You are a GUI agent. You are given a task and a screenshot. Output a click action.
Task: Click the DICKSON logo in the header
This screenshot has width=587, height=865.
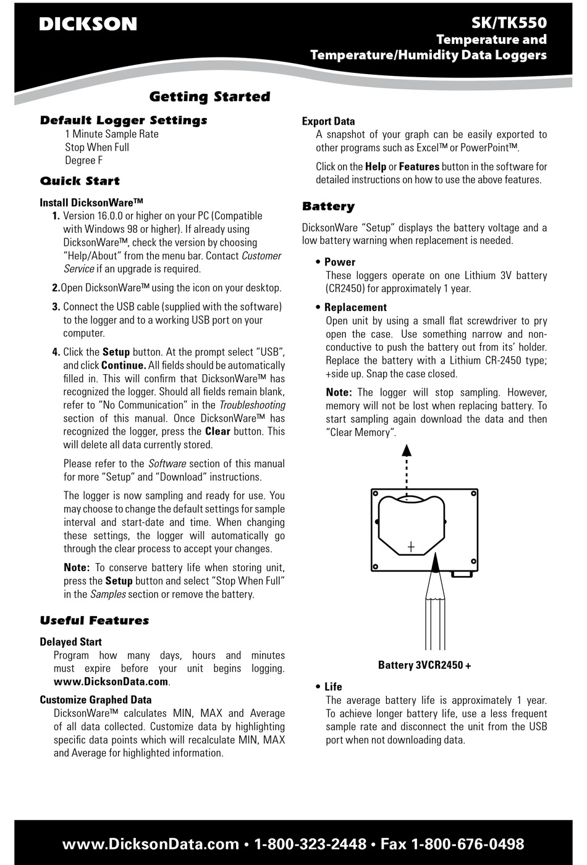point(88,24)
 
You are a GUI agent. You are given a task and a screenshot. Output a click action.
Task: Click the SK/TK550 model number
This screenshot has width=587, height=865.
point(509,23)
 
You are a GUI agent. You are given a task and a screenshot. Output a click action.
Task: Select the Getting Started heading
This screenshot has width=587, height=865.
point(209,96)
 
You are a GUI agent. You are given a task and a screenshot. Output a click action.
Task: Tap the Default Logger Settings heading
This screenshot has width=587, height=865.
point(124,120)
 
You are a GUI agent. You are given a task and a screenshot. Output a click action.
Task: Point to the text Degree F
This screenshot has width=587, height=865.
point(84,161)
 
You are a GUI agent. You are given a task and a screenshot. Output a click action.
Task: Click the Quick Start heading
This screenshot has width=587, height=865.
point(80,181)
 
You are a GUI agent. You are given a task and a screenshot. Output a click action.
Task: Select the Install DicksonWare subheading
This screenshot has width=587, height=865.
point(91,203)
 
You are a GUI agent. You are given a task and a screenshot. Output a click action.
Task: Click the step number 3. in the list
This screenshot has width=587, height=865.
point(56,307)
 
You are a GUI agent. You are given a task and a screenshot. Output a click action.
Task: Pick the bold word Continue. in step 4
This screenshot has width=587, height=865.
point(124,366)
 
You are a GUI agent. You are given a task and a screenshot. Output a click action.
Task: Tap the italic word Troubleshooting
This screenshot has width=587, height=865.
point(252,405)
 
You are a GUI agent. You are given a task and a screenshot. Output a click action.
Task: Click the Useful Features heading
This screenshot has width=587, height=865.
point(95,621)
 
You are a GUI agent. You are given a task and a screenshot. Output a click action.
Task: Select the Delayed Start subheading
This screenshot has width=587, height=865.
point(70,642)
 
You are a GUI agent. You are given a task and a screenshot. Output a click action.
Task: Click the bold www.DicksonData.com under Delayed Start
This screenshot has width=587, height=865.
point(111,682)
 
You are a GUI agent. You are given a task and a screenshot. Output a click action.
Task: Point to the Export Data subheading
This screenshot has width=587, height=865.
point(328,122)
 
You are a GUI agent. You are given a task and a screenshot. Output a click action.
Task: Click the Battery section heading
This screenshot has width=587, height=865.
point(328,206)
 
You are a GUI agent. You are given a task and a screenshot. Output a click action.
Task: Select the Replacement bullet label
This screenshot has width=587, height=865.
point(355,307)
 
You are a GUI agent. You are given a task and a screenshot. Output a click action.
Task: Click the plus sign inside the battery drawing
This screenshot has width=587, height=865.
point(411,546)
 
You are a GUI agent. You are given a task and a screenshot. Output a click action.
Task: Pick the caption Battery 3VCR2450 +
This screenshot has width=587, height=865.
point(424,665)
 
